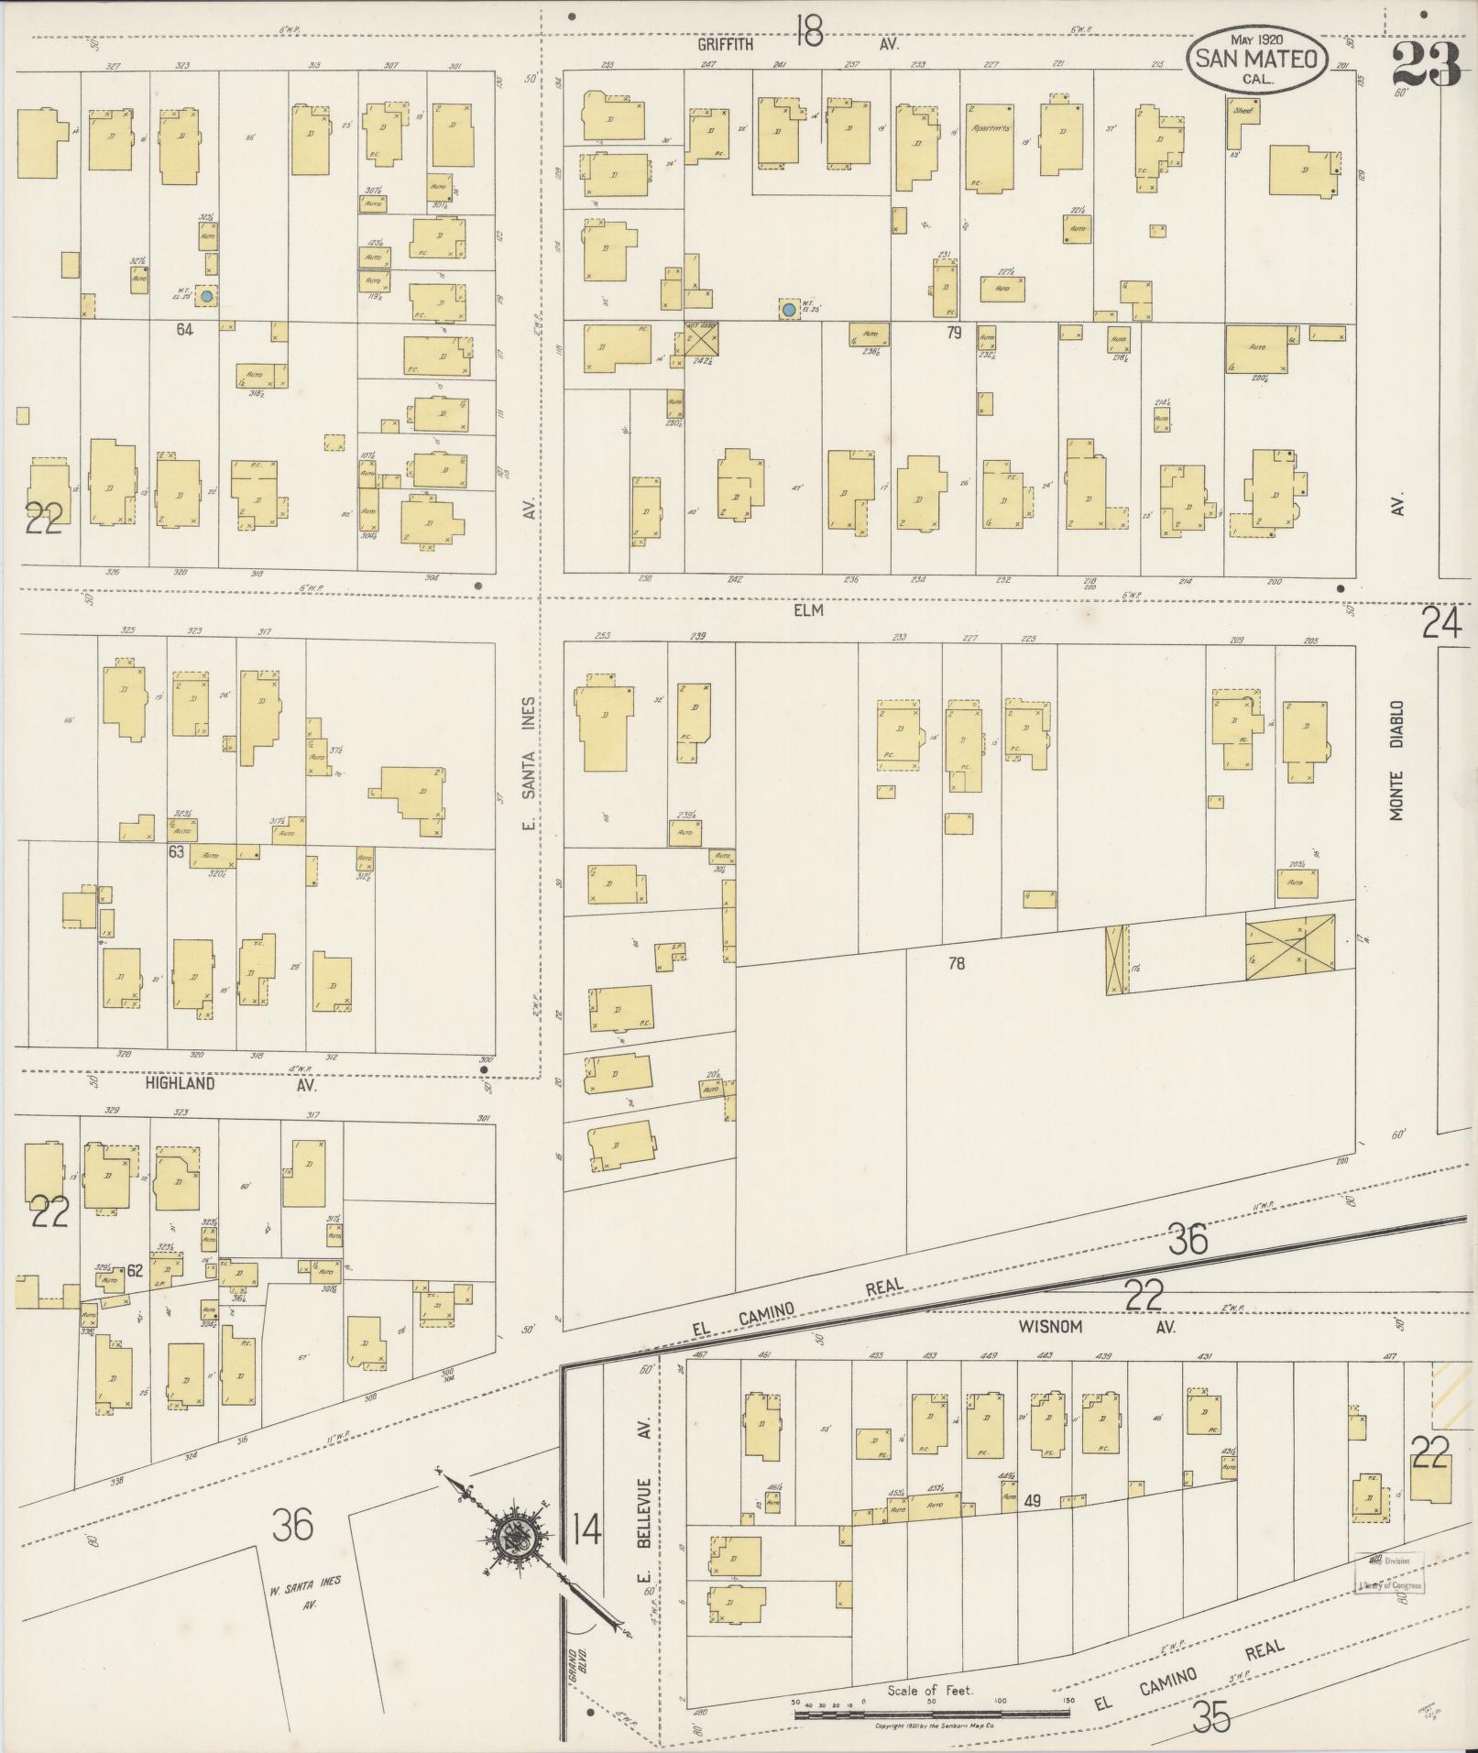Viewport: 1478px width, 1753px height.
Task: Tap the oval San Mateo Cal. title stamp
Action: pyautogui.click(x=1255, y=59)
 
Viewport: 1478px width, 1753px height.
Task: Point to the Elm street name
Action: pyautogui.click(x=810, y=610)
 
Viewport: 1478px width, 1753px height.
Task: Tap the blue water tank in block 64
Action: pyautogui.click(x=208, y=297)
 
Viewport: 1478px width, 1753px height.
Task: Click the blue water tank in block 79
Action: pyautogui.click(x=788, y=310)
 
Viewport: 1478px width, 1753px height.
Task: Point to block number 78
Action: pyautogui.click(x=957, y=963)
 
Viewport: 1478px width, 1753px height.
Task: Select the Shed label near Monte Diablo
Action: pyautogui.click(x=1243, y=110)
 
